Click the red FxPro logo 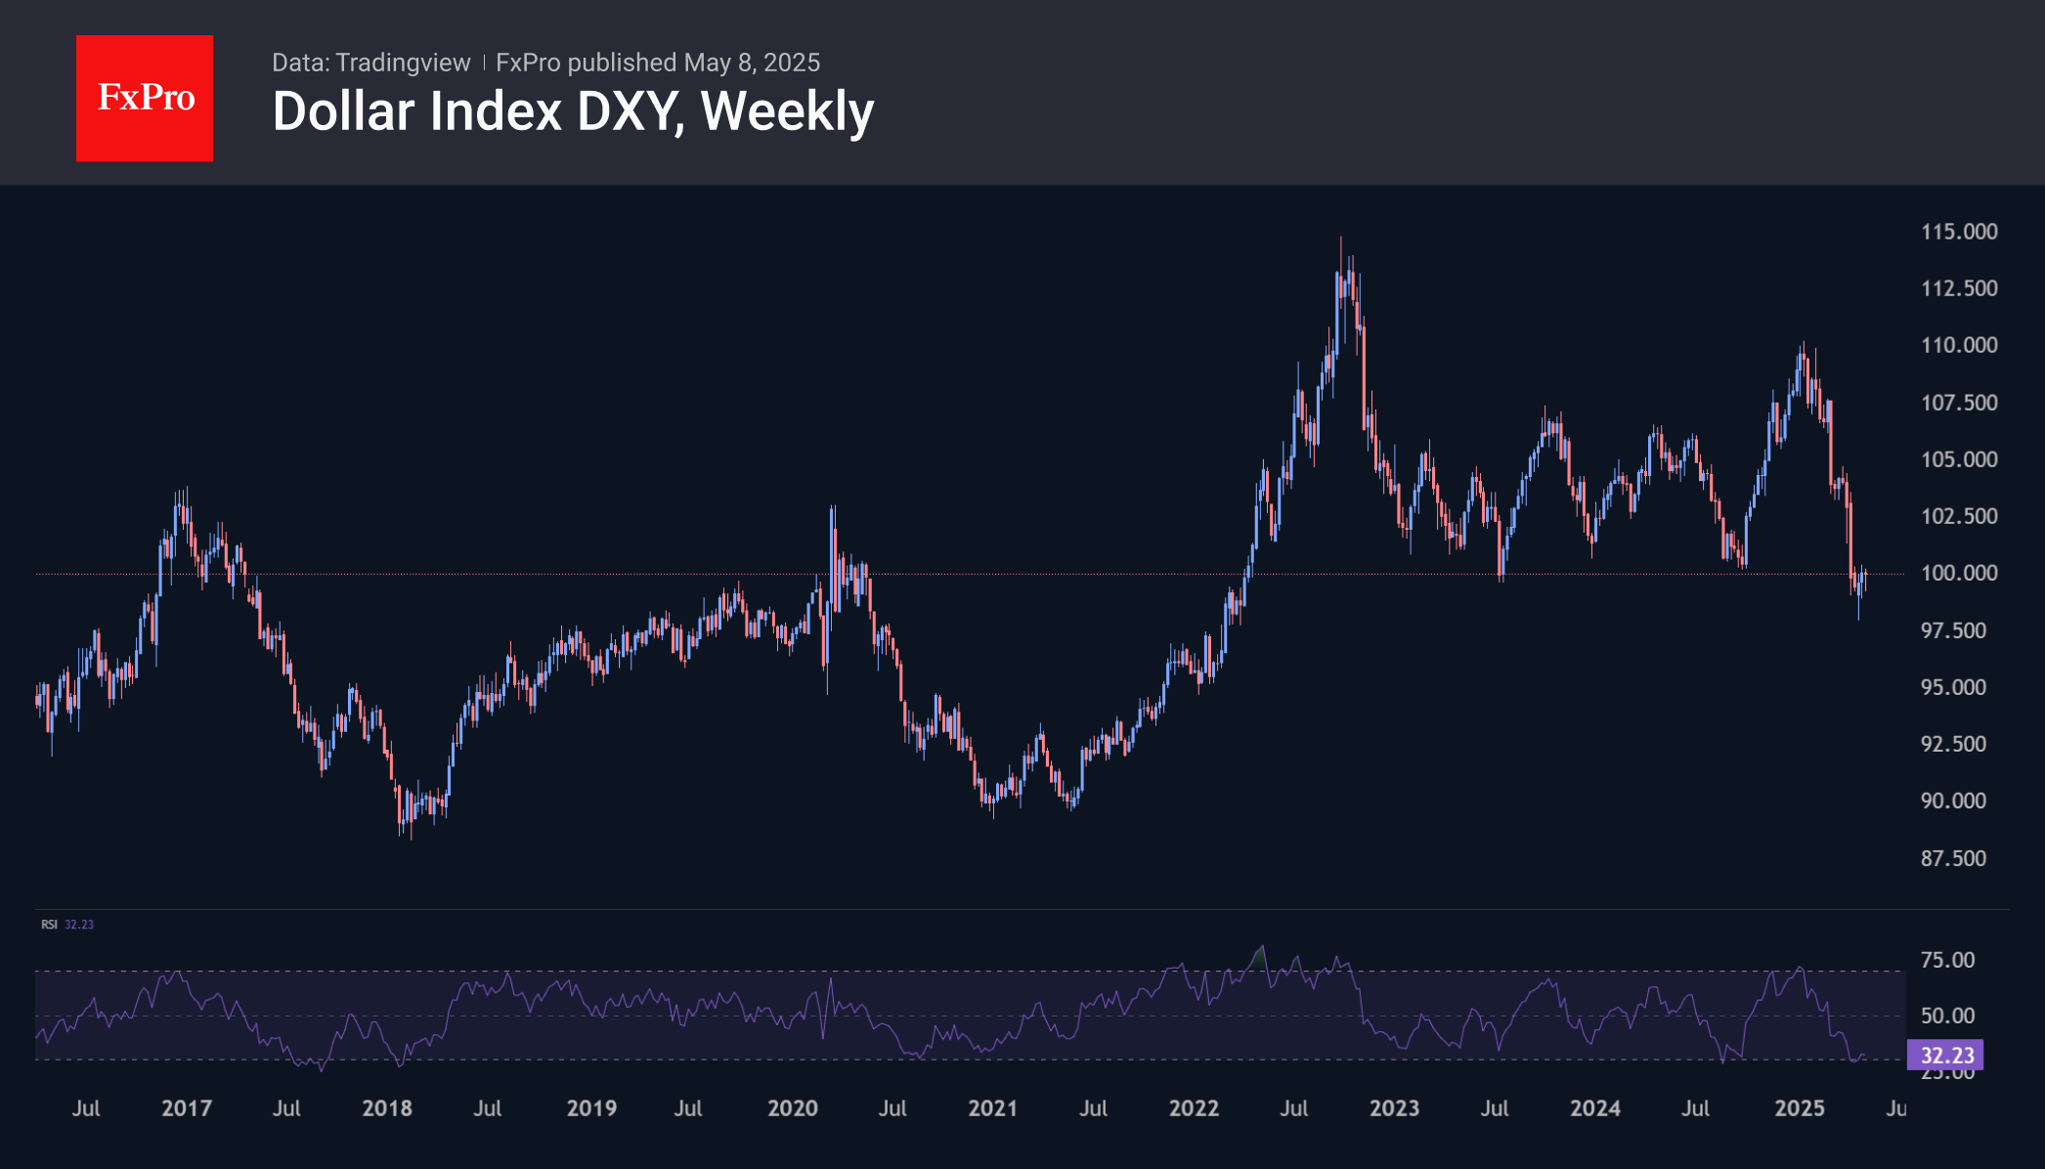145,98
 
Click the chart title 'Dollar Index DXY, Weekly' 573,111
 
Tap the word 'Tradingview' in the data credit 403,63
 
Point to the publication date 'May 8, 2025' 752,63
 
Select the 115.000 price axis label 1959,232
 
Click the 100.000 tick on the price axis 1959,573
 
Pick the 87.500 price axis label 1953,858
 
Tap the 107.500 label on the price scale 1959,403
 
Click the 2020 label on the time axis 792,1108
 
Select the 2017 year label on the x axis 186,1108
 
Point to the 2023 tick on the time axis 1394,1108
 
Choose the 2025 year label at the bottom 1799,1108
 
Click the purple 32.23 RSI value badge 1945,1056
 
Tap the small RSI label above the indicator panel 49,925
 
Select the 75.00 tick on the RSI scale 1947,960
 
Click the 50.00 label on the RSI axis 1947,1016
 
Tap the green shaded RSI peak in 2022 1260,956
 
